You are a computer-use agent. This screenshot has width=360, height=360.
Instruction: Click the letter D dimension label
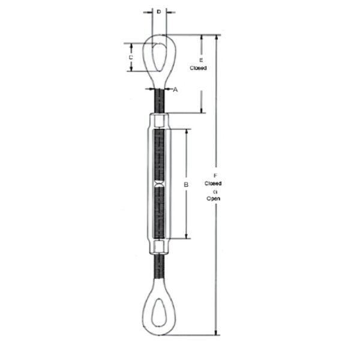coord(158,11)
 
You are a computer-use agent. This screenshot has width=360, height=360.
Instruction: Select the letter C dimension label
coord(130,57)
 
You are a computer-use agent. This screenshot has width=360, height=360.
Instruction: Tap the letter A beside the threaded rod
coord(175,90)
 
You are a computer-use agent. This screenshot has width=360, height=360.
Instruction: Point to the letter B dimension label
coord(186,185)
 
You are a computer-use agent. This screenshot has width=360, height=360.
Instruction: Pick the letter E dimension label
coord(200,61)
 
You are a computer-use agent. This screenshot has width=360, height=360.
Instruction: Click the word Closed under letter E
coord(199,68)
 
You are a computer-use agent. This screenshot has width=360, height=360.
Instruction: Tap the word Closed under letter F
coord(213,183)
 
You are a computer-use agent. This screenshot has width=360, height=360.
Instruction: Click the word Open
coord(214,197)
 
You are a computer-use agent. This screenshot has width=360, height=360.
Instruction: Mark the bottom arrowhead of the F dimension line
coord(215,333)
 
